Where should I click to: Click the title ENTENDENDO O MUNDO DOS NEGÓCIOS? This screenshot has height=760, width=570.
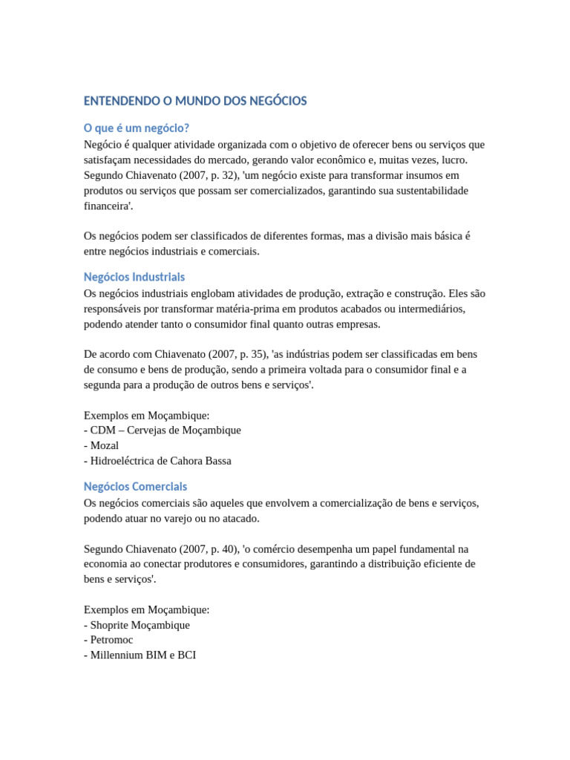point(195,101)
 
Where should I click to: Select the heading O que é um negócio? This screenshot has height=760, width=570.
point(142,128)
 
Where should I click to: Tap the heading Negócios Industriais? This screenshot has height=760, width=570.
point(134,277)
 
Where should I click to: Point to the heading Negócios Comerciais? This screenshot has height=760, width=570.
point(136,487)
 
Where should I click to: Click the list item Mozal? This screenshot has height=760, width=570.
point(105,445)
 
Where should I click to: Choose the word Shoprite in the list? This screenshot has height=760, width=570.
point(111,625)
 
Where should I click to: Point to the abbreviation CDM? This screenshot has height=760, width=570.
point(102,430)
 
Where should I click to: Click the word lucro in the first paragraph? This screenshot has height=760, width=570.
point(453,160)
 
